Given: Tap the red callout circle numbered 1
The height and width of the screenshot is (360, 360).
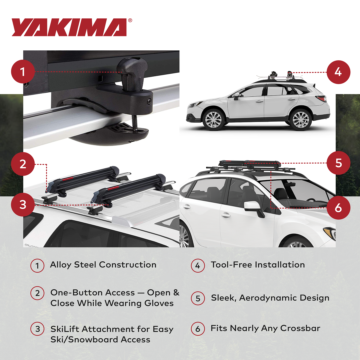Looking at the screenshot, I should click(23, 72).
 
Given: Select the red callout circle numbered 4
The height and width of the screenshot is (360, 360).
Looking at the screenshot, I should click(338, 72).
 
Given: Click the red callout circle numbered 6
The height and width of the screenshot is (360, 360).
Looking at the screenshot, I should click(338, 208).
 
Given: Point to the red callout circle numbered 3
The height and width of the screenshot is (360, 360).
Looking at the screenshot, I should click(23, 204).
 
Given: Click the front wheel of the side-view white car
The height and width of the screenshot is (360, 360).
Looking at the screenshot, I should click(213, 119).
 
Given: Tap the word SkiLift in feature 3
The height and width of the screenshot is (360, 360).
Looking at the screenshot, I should click(65, 329).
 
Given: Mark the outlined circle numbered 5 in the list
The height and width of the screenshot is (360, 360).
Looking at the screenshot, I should click(198, 298).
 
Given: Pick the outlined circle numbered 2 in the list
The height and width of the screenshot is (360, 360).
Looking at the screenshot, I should click(37, 293).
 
